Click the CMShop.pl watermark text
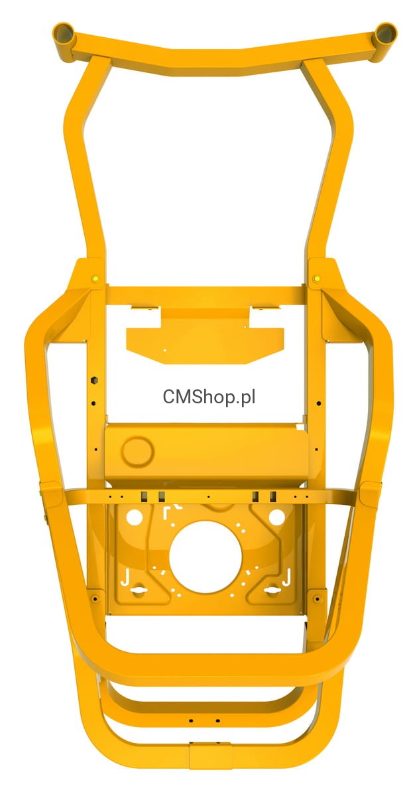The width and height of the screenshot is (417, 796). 209,397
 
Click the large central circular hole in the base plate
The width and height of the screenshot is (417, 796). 206,557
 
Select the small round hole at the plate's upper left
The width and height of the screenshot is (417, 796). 135,517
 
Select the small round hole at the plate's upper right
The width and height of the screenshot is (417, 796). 276,517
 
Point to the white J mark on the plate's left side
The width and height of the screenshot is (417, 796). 125,577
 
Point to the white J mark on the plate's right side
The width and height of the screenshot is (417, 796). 286,577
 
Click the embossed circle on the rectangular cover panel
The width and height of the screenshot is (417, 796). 137,450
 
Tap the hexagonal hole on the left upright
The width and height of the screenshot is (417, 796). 93,381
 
